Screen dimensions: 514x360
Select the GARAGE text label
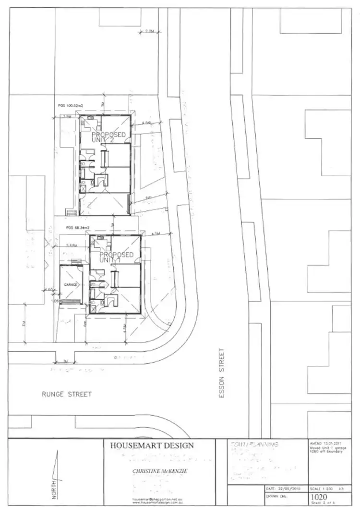[71, 284]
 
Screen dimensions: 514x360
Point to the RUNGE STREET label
[66, 394]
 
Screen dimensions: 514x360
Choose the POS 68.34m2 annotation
[77, 228]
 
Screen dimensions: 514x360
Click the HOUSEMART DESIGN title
[152, 445]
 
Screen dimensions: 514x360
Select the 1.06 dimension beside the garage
[54, 301]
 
